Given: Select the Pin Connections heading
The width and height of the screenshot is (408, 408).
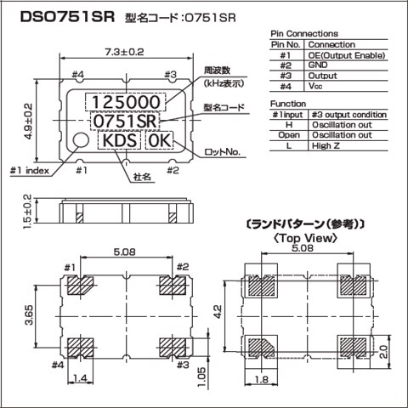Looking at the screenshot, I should [x=303, y=33].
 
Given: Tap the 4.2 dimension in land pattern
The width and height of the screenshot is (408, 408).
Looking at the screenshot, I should [x=218, y=312].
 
